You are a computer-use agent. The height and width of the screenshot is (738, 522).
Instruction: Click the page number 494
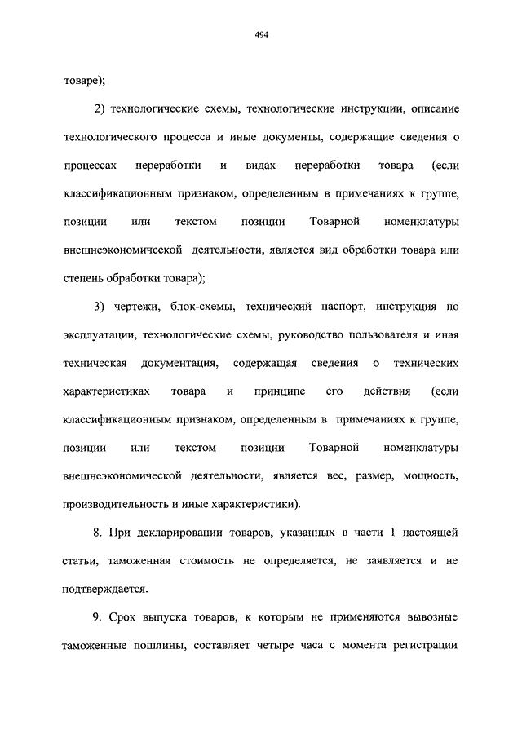261,34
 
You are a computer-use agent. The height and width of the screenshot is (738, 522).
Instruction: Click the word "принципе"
279,391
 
